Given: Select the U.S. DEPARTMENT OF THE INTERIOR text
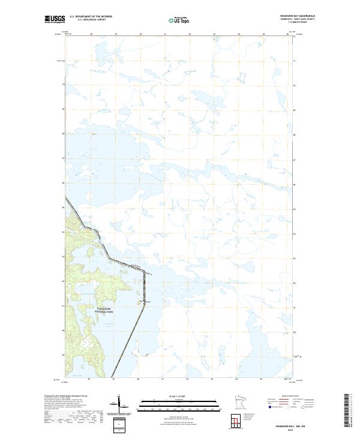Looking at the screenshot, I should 90,14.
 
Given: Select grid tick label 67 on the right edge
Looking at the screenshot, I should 294,159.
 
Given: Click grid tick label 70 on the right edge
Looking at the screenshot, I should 294,85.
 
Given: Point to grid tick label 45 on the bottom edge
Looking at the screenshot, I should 261,379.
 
